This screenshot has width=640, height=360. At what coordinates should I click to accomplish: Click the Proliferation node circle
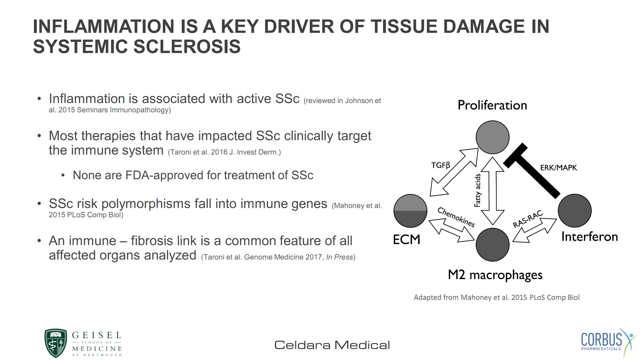click(x=492, y=137)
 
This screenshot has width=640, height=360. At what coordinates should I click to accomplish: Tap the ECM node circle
click(x=410, y=211)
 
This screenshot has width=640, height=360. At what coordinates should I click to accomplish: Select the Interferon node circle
click(x=575, y=211)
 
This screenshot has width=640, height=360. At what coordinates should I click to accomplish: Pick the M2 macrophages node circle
click(x=492, y=245)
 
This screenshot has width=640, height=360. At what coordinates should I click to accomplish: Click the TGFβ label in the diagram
click(x=441, y=165)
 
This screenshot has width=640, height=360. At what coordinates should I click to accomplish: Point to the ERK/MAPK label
click(x=558, y=168)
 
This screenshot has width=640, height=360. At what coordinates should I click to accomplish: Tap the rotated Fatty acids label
click(x=477, y=190)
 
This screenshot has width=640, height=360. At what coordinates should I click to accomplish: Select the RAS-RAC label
click(x=528, y=219)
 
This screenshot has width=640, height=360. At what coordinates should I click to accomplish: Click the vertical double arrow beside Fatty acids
click(x=493, y=191)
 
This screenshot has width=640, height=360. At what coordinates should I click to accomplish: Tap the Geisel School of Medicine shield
click(x=56, y=343)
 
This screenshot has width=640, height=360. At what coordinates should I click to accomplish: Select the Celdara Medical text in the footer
click(x=332, y=345)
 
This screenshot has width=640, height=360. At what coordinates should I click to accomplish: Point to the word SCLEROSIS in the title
click(x=187, y=46)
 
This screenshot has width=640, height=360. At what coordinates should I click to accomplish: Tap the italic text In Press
click(x=340, y=257)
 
